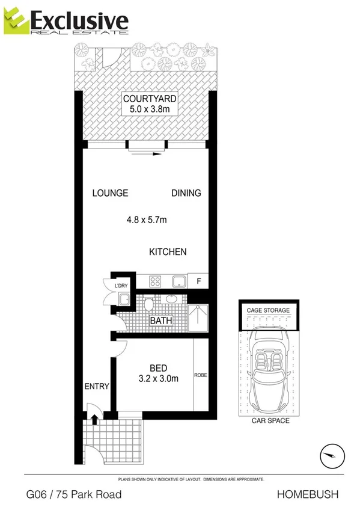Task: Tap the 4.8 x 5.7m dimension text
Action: [147, 220]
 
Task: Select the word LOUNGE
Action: [110, 193]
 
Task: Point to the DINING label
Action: [186, 193]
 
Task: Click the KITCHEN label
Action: [168, 252]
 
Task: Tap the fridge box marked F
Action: [198, 281]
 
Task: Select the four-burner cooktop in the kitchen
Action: [154, 281]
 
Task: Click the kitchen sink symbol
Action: [178, 281]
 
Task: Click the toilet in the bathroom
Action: [148, 306]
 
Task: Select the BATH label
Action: [160, 321]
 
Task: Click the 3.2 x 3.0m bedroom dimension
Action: [159, 379]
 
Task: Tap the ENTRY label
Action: [97, 387]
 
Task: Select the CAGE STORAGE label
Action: [268, 310]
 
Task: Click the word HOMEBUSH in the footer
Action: [308, 494]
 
